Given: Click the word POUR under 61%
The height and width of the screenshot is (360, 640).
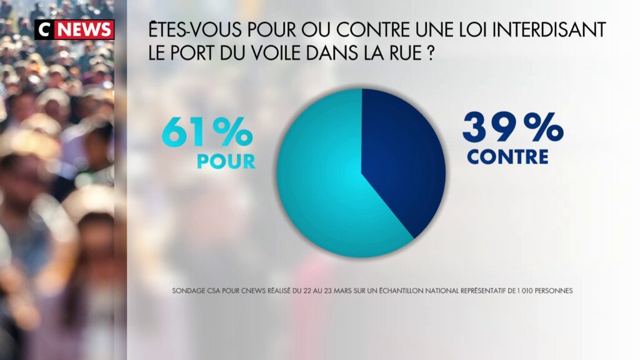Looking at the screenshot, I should tap(226, 161).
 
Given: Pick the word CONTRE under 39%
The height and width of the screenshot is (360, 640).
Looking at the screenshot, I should tap(507, 156).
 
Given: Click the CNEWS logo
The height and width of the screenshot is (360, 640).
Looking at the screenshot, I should tap(74, 29).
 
